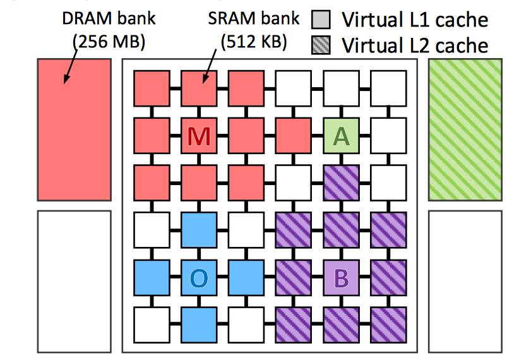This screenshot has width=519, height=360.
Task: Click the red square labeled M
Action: pos(199,135)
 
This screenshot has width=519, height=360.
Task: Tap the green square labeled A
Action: pos(341,135)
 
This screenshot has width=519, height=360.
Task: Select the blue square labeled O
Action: pos(199,277)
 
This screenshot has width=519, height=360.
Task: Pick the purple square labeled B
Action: pos(341,277)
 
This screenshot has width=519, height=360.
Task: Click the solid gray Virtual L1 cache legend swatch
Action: pos(321,20)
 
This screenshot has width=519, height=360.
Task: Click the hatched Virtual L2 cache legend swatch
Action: pos(321,45)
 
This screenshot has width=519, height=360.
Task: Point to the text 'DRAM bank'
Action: pos(108,19)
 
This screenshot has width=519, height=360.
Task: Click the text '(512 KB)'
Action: pos(254,42)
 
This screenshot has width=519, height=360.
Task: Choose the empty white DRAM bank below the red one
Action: pos(74,281)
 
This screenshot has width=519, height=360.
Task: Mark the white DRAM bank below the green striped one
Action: pos(465,281)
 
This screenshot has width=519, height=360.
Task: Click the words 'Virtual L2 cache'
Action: pos(415,45)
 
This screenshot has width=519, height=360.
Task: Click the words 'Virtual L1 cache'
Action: pos(415,20)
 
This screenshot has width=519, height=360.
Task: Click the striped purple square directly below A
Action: pos(341,183)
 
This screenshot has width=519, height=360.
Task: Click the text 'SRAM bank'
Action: pos(253,19)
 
